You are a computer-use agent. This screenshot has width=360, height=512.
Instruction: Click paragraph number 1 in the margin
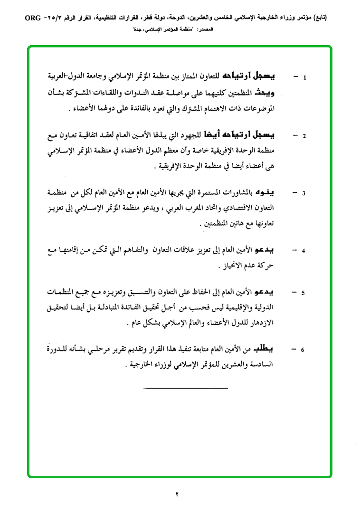[x=304, y=77]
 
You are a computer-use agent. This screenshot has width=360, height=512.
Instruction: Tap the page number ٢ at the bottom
[x=177, y=494]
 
